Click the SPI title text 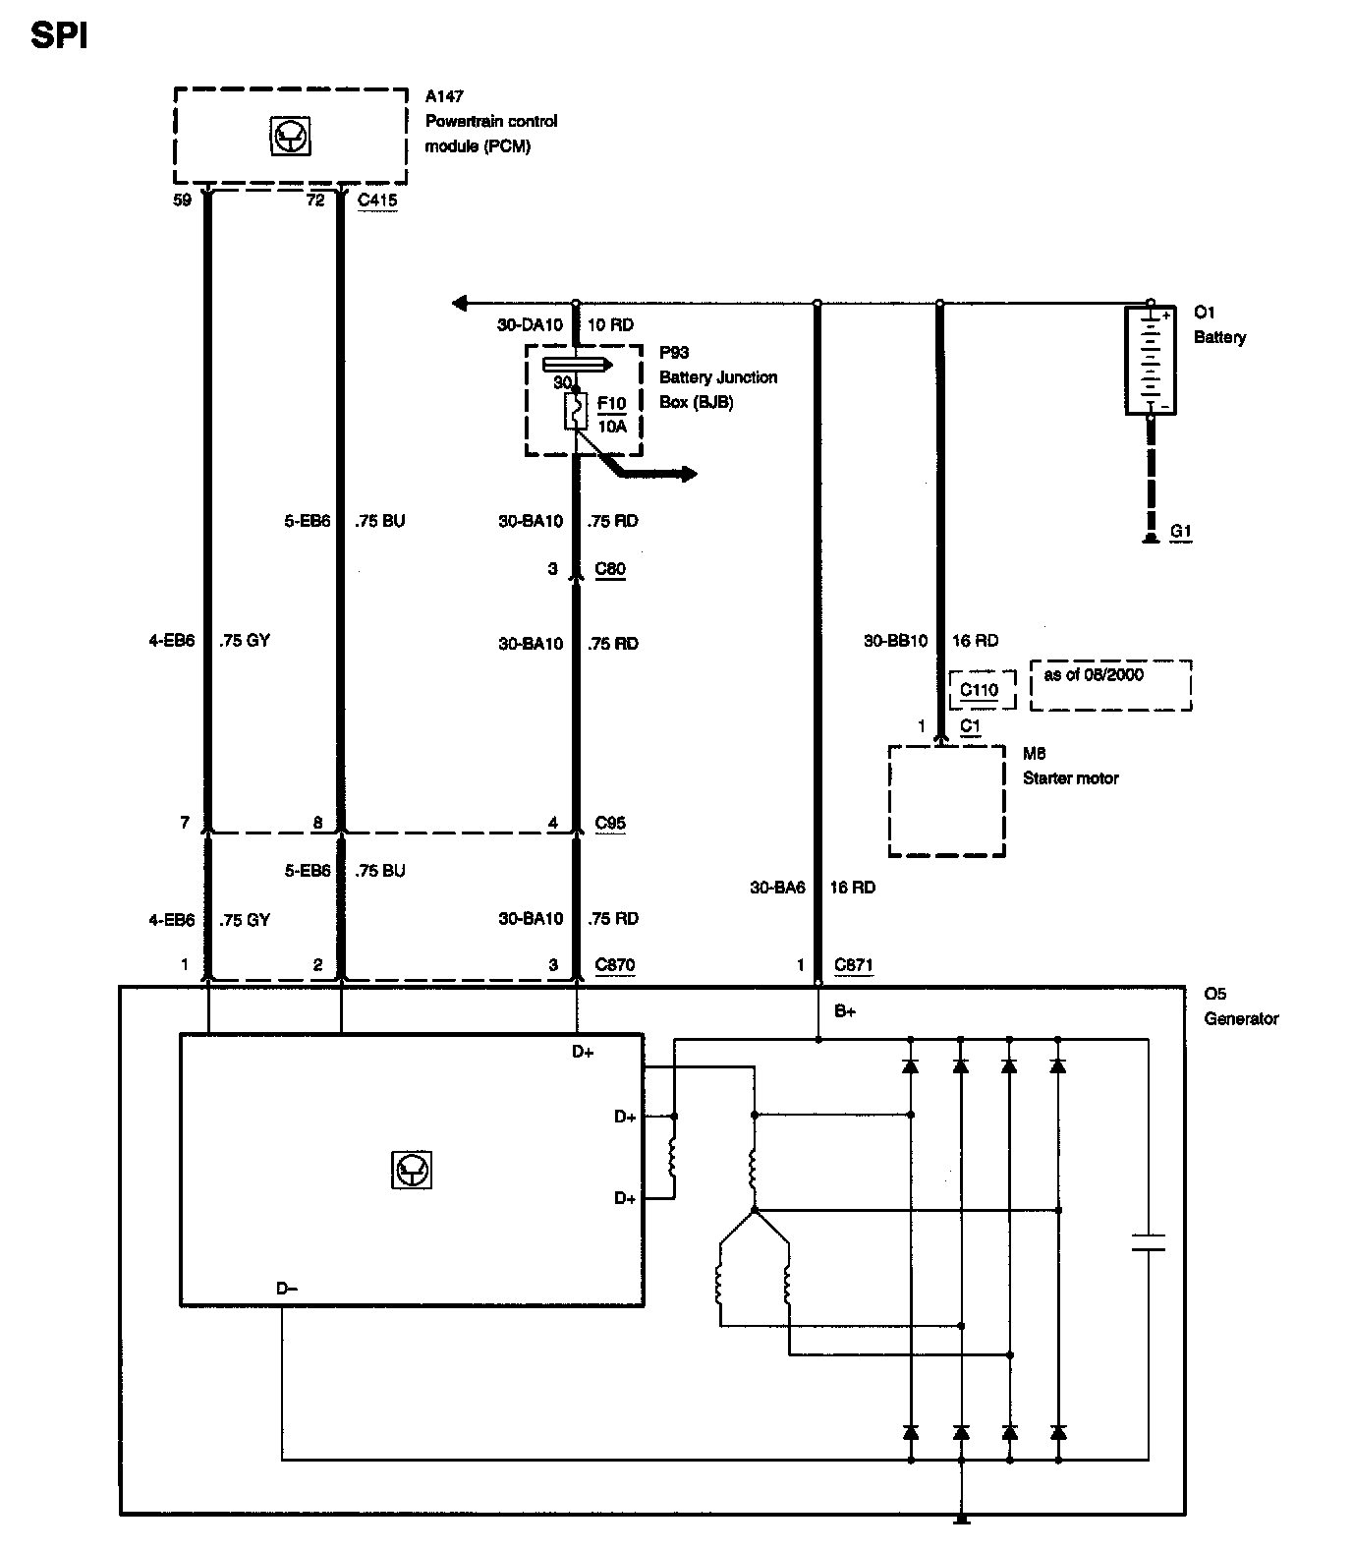[x=59, y=36]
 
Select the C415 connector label [x=377, y=201]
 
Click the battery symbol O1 [x=1149, y=360]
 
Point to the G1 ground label [x=1181, y=532]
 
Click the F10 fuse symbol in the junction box [x=576, y=411]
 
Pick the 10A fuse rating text [x=612, y=427]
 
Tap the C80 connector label [x=610, y=569]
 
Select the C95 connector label [x=610, y=824]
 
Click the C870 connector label [x=615, y=965]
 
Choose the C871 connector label [x=853, y=965]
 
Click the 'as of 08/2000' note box [x=1110, y=684]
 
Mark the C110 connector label [x=979, y=690]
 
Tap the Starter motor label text [x=1071, y=778]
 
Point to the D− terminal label [x=287, y=1289]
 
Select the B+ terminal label [x=845, y=1011]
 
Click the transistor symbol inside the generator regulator [x=412, y=1170]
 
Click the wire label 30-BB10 [x=895, y=641]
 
